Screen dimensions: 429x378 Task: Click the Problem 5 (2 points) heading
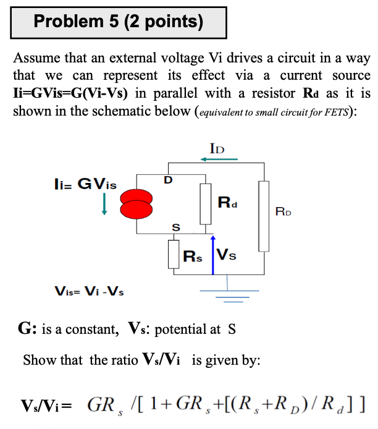[x=119, y=23]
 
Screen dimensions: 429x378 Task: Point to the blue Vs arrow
[x=212, y=254]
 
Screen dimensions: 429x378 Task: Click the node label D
[x=167, y=180]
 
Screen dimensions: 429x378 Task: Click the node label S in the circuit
[x=175, y=228]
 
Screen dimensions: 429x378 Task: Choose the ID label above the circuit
[x=217, y=148]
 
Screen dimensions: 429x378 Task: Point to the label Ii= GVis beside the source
[x=85, y=184]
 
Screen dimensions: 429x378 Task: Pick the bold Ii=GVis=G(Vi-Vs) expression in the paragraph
[x=70, y=94]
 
